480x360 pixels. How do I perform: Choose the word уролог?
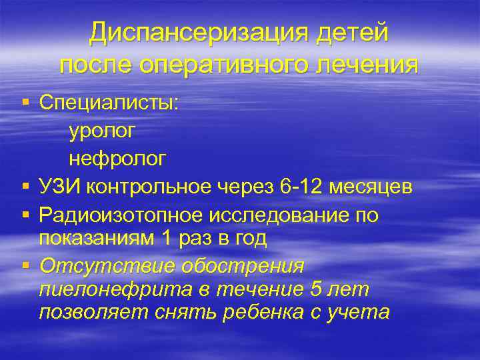(x=101, y=131)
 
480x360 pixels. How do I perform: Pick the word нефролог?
(x=117, y=159)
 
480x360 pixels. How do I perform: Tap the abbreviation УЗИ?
(x=61, y=187)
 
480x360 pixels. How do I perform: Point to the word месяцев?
(x=375, y=187)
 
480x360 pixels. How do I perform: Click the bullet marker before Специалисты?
(x=25, y=103)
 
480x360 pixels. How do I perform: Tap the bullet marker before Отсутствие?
(x=25, y=265)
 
